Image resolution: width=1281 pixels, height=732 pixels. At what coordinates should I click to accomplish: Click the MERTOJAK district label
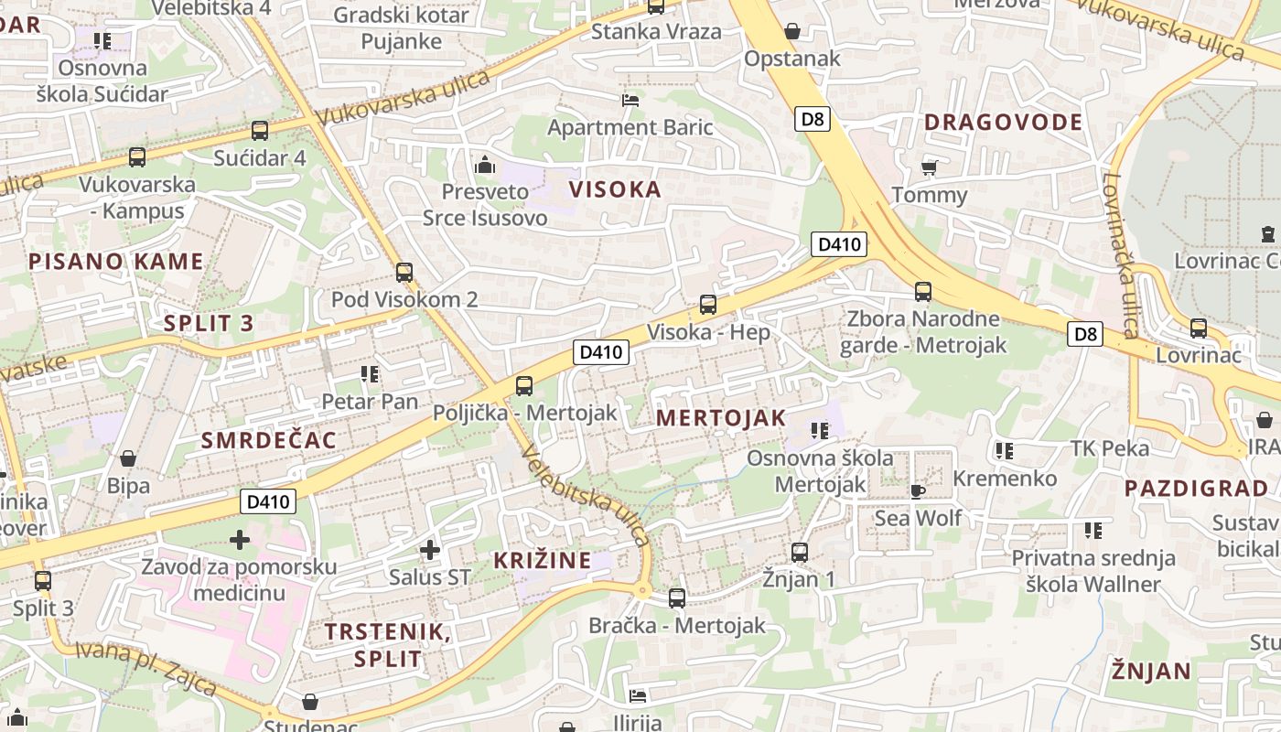721,418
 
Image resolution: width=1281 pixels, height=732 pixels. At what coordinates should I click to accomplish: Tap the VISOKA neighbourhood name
615,189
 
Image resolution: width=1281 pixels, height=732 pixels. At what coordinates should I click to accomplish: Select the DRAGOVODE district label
1003,122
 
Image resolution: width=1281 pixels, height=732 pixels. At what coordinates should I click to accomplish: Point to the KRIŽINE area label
543,560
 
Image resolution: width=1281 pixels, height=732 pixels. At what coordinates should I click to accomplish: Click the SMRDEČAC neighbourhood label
269,440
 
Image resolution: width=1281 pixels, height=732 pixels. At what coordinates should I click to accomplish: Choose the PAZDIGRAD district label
1196,488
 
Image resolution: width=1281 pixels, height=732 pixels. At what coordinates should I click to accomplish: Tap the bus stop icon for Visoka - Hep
707,305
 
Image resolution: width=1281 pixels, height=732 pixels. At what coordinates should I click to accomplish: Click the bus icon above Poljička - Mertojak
523,386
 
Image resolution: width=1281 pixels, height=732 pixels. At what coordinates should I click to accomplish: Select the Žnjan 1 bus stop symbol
799,553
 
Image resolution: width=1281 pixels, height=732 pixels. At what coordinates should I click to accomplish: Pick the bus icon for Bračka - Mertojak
676,598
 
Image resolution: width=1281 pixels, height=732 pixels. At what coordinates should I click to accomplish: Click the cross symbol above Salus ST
429,550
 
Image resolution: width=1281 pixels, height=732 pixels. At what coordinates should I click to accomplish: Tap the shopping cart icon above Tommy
929,168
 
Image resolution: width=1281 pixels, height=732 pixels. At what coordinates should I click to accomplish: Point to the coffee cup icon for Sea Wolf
917,491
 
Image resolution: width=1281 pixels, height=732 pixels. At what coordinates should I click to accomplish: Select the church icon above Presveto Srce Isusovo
485,166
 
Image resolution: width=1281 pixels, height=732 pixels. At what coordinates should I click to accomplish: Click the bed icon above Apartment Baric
630,100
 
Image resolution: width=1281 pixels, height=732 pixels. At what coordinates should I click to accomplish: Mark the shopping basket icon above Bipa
128,457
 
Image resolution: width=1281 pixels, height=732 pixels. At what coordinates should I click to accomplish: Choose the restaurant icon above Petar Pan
370,373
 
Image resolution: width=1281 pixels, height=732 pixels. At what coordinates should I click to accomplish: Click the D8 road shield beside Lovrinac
1085,334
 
